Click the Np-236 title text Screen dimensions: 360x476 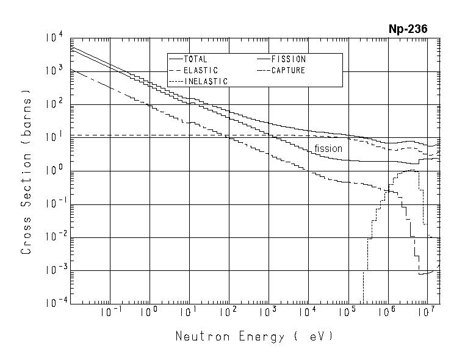(x=408, y=29)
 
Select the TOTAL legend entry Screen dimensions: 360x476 (x=195, y=59)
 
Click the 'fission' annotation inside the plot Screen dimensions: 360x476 (x=328, y=148)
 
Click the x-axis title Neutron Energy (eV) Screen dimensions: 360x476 (x=254, y=336)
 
